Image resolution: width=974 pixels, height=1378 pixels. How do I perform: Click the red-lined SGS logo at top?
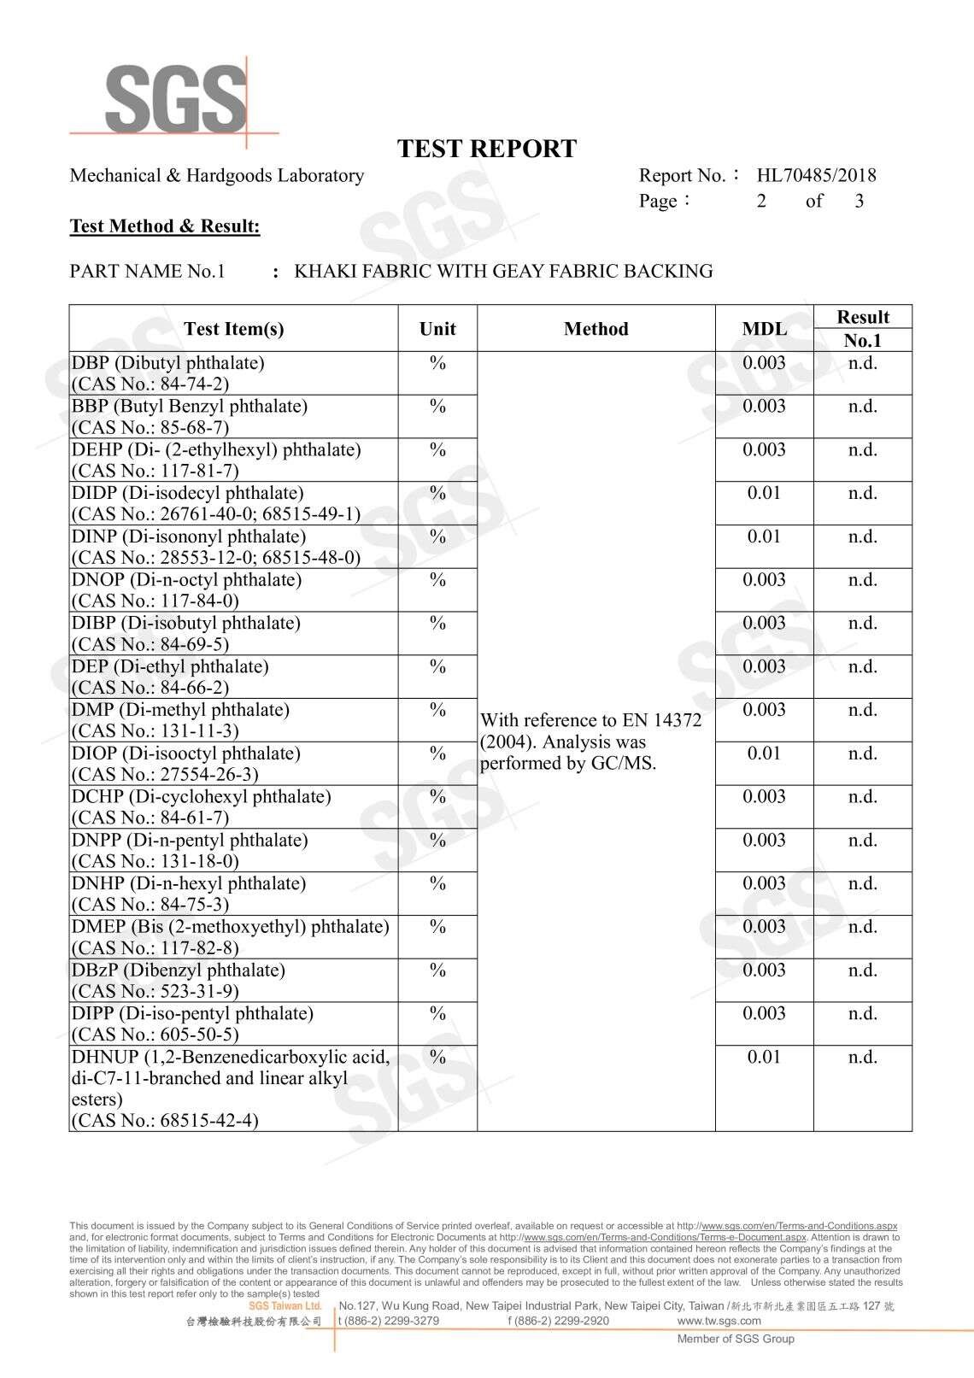coord(174,98)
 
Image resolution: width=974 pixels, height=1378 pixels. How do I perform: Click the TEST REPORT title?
coord(487,149)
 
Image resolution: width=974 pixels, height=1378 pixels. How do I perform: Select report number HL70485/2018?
coord(816,176)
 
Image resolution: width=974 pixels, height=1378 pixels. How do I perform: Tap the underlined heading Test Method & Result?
coord(165,226)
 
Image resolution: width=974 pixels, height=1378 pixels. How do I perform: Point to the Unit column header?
coord(437,329)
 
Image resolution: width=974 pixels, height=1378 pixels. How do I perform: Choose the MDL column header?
coord(764,329)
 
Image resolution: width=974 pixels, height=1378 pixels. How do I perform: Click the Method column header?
coord(596,329)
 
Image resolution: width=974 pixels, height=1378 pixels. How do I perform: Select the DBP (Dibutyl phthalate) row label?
coord(168,363)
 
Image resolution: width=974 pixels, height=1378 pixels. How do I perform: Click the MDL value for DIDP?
coord(764,493)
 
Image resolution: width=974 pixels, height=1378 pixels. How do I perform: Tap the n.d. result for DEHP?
coord(862,449)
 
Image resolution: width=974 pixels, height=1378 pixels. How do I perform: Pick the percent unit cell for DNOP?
coord(437,580)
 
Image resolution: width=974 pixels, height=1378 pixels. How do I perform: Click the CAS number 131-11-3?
coord(199,731)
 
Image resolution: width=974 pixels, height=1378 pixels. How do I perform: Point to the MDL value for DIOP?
coord(764,754)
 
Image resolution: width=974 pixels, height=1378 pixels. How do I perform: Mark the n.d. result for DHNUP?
coord(862,1057)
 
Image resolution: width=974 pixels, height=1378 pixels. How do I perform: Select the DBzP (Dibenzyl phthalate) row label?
coord(179,970)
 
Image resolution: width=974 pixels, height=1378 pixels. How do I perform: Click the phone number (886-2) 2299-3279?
coord(389,1321)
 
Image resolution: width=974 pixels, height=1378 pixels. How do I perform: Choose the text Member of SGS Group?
coord(736,1339)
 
